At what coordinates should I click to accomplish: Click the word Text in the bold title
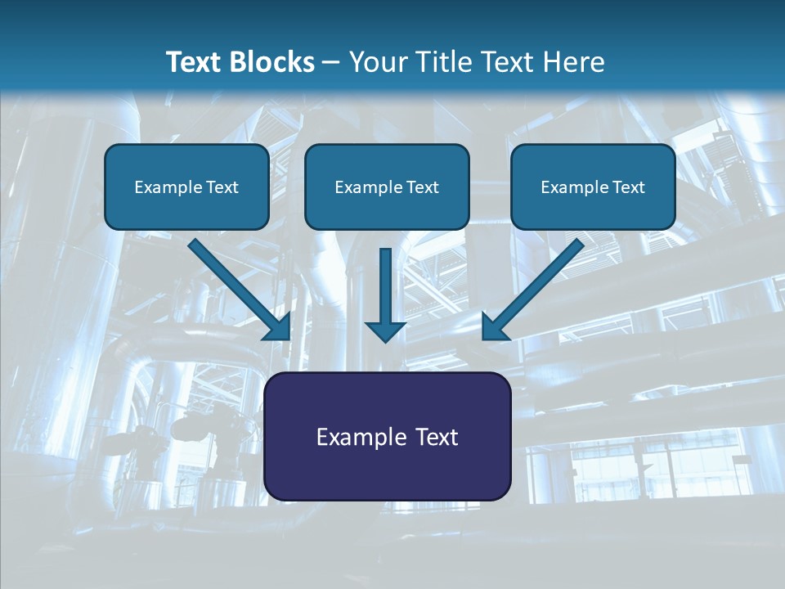195,62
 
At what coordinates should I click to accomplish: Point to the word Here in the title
575,62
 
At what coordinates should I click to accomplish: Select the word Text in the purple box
434,437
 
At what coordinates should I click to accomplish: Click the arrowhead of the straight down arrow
385,330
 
